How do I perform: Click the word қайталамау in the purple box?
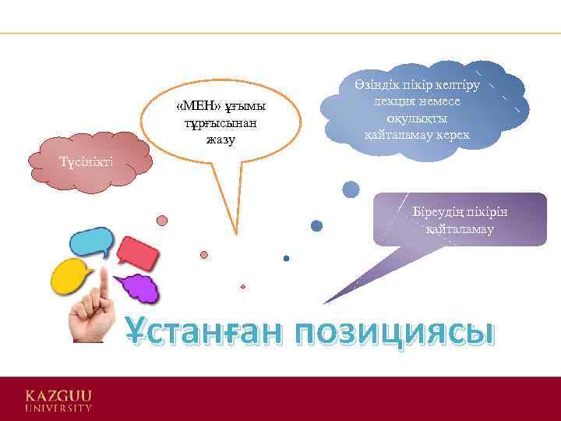coord(460,228)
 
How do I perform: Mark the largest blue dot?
coord(351,189)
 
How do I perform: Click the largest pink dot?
coord(162,221)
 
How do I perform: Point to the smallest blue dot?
coord(286,258)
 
